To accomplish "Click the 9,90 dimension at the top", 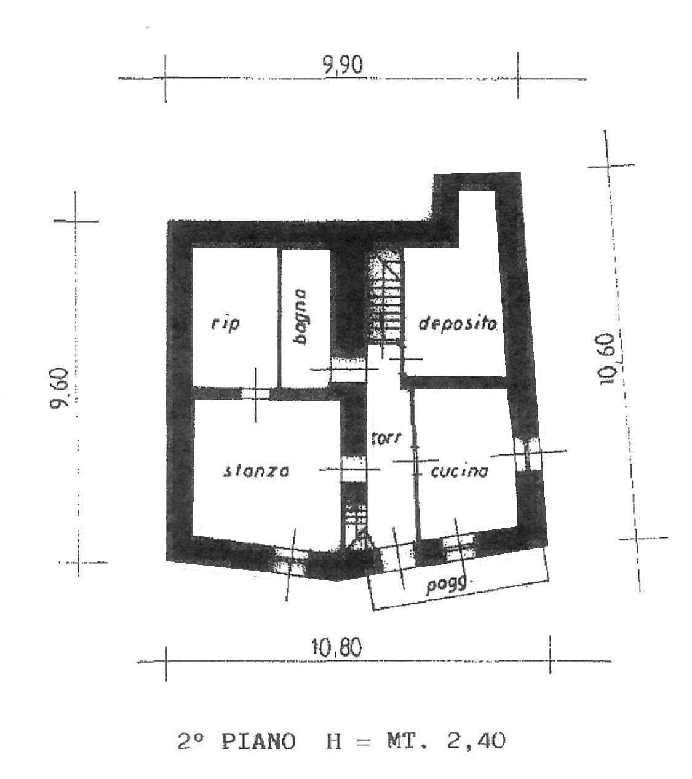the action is (x=343, y=65).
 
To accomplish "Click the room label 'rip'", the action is (x=225, y=324).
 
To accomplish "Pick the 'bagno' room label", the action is (x=300, y=317).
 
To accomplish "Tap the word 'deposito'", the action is (x=458, y=323).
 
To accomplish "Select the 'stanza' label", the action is (x=256, y=471).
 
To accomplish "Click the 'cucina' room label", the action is (x=459, y=472).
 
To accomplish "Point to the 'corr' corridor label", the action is (x=386, y=438).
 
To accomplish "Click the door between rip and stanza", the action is (x=255, y=393).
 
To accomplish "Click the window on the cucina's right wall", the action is (x=527, y=454).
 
